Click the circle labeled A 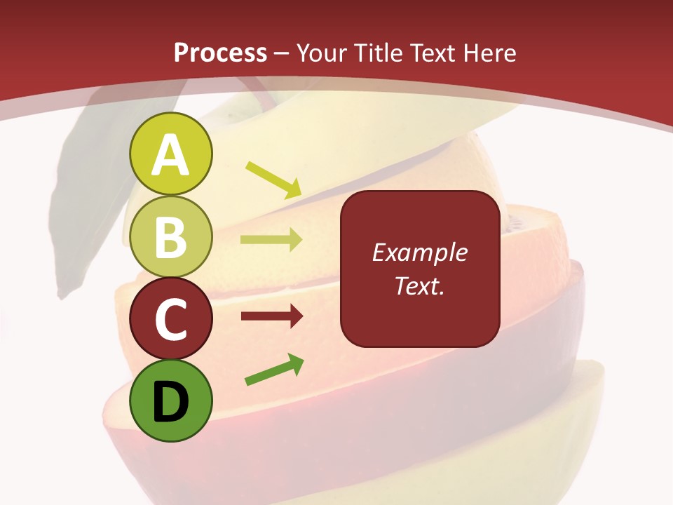click(x=170, y=154)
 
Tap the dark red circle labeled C click(x=170, y=318)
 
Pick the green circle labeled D click(x=170, y=400)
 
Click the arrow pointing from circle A click(x=273, y=180)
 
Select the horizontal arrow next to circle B click(x=271, y=241)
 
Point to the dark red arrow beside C click(x=271, y=317)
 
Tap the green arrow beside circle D click(x=274, y=370)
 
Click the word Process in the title click(x=220, y=53)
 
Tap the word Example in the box click(x=419, y=252)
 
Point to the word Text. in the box click(x=419, y=285)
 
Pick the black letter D click(x=170, y=403)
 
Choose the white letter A click(x=170, y=156)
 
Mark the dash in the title click(x=282, y=54)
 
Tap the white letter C click(x=170, y=320)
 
